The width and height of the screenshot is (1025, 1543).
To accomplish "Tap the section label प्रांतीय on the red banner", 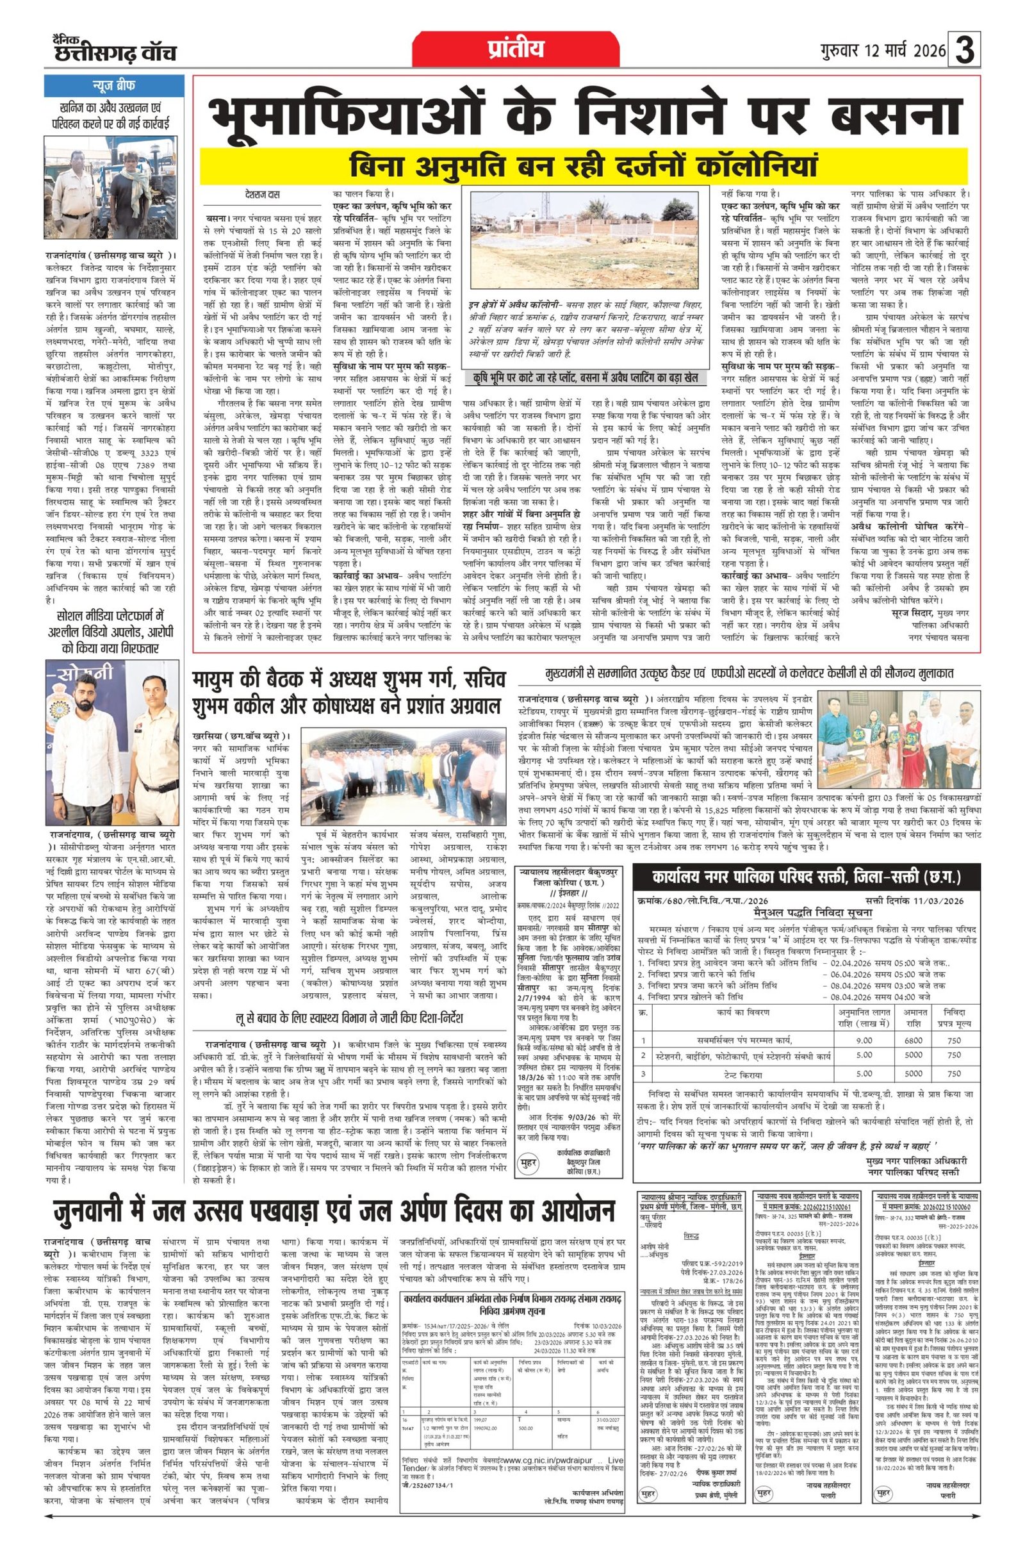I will (515, 49).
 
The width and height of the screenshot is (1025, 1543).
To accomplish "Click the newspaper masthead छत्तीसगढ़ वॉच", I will (115, 53).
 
